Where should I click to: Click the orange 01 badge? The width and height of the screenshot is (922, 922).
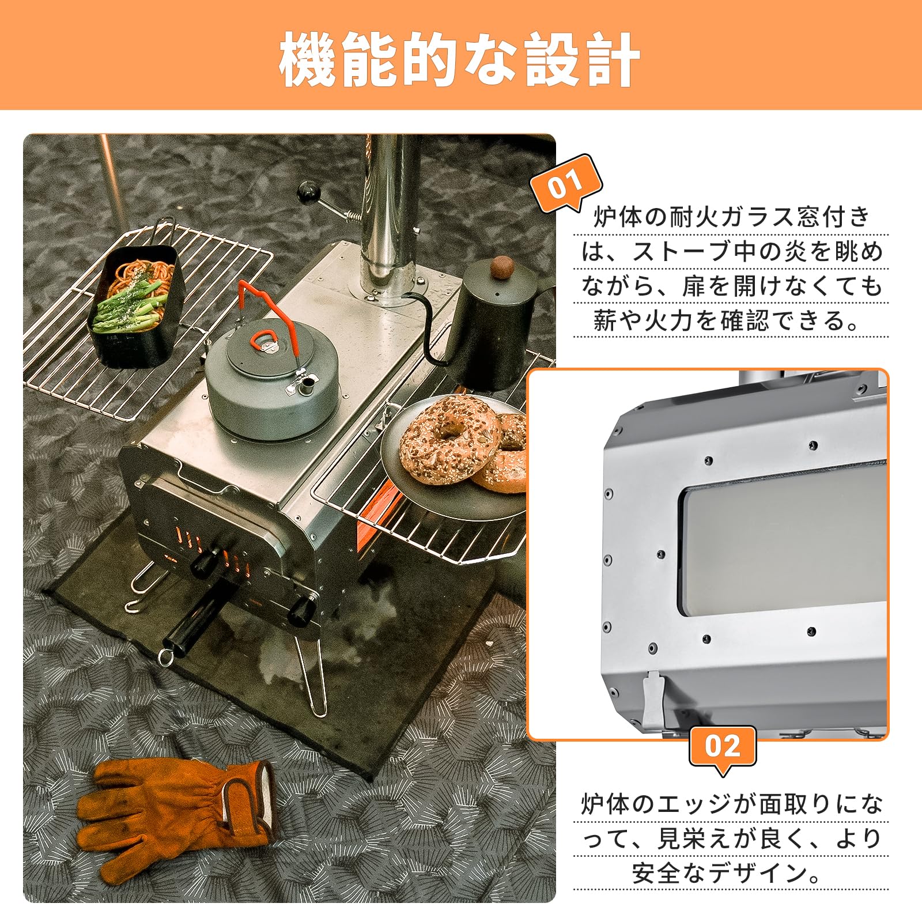(x=565, y=183)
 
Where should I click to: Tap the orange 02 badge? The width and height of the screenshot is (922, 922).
(x=723, y=747)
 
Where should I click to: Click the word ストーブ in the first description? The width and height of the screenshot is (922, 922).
(x=674, y=252)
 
